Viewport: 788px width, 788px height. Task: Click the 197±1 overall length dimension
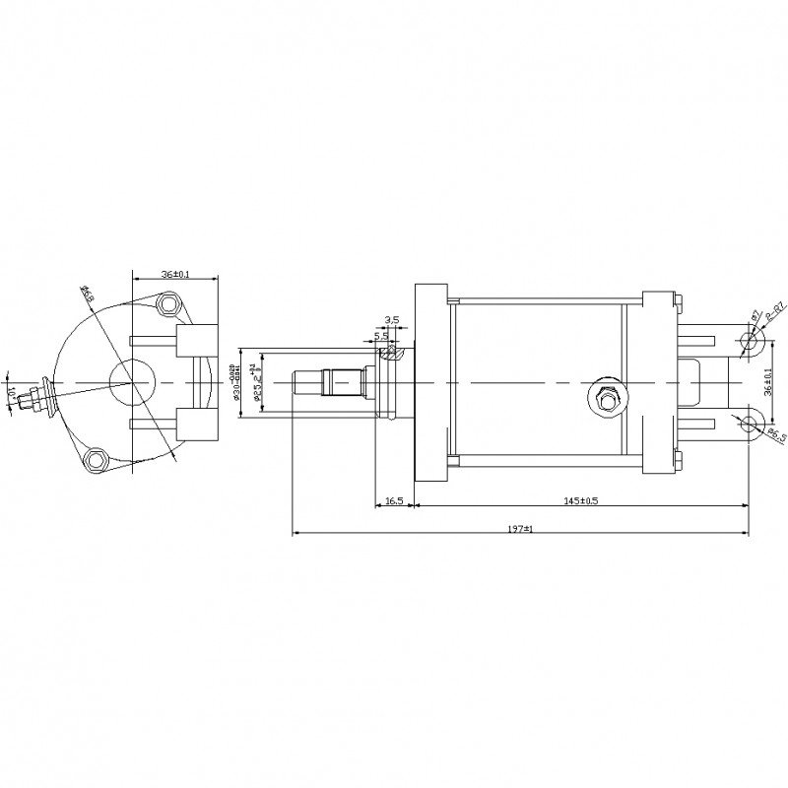(x=520, y=529)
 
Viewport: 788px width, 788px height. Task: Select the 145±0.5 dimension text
(x=581, y=500)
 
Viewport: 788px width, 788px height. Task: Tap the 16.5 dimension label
(x=394, y=500)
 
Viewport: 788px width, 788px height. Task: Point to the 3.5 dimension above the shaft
(x=391, y=320)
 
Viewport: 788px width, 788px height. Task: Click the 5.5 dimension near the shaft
(x=381, y=336)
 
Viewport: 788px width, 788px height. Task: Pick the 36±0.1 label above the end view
(x=174, y=275)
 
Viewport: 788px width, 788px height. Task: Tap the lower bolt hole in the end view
(x=96, y=459)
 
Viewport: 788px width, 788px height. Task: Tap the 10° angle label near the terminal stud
(x=11, y=392)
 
